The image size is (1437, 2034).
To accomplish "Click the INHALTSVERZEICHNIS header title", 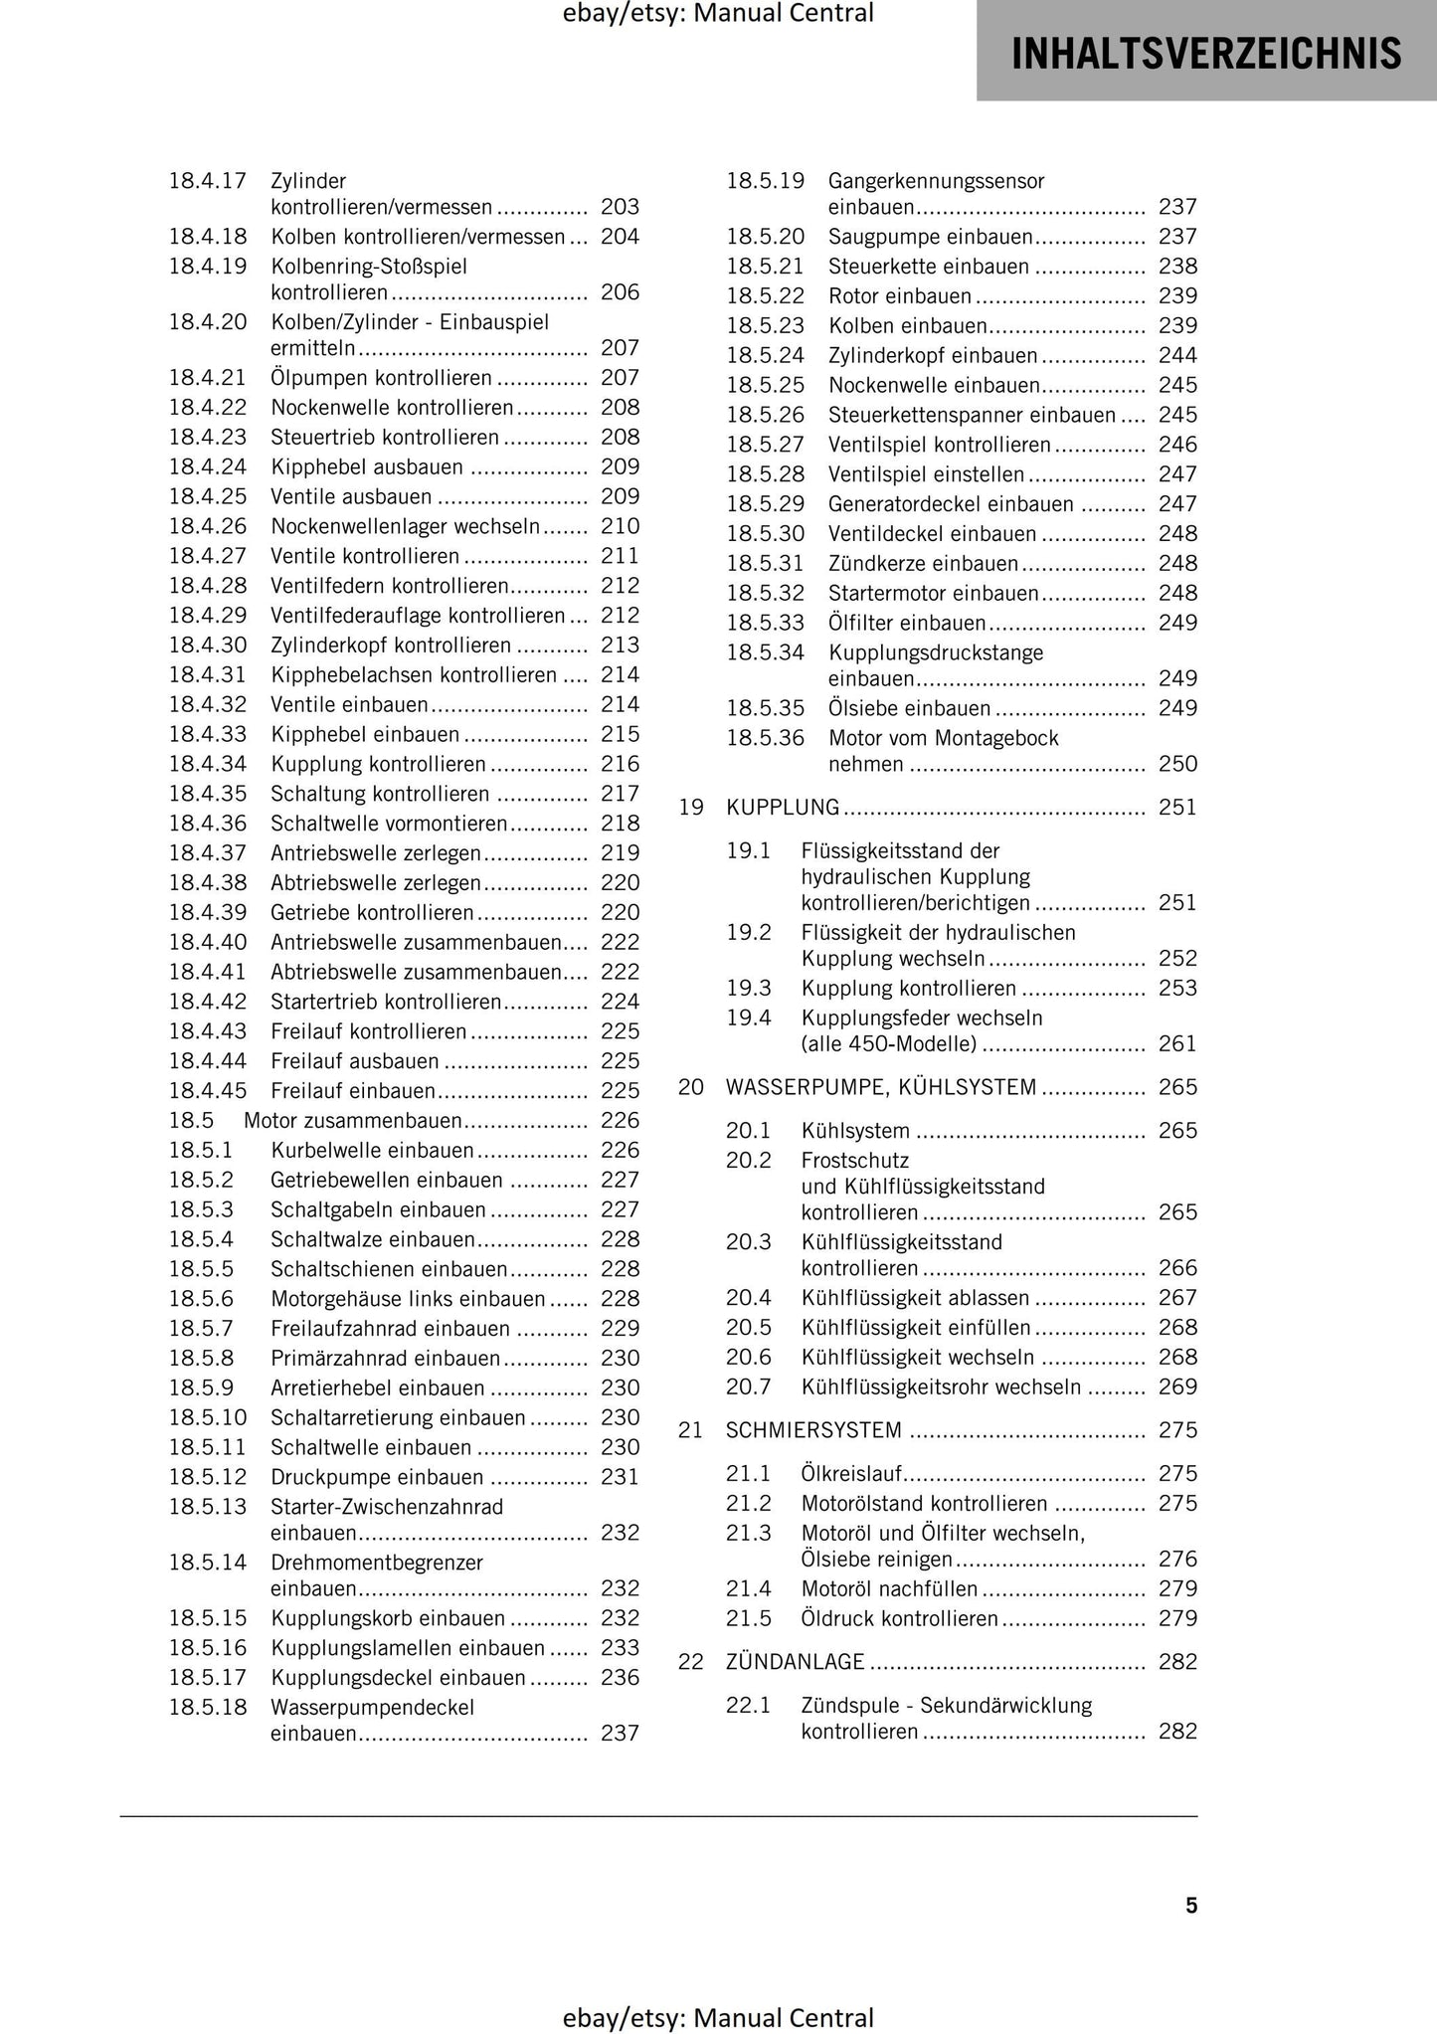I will [1205, 53].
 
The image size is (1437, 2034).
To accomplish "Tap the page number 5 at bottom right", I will [1190, 1905].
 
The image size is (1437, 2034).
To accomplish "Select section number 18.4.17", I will [208, 181].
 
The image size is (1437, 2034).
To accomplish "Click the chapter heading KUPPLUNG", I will [783, 807].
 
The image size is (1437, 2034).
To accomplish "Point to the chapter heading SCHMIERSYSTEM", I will [813, 1430].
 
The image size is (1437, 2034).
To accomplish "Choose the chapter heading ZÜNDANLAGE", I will [795, 1661].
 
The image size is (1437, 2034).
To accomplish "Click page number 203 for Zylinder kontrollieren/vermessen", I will [620, 207].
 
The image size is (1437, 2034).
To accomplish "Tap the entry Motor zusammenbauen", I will [353, 1120].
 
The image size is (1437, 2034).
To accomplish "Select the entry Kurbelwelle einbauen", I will [372, 1150].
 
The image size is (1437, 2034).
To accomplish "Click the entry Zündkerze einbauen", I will [923, 564].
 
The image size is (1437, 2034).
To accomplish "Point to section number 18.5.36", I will [765, 738].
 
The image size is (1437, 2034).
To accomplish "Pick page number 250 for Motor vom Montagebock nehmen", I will [1177, 764].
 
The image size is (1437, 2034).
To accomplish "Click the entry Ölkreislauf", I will [851, 1473].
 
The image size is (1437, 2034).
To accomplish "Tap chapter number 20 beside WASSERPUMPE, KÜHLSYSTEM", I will [691, 1087].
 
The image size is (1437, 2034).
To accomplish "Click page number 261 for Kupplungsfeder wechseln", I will [1177, 1043].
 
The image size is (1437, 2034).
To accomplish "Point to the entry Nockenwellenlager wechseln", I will [406, 526].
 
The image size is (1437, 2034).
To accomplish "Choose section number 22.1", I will [748, 1705].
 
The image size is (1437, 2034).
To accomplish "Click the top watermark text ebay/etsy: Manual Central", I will [718, 14].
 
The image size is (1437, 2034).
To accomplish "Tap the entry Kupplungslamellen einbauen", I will [408, 1647].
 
